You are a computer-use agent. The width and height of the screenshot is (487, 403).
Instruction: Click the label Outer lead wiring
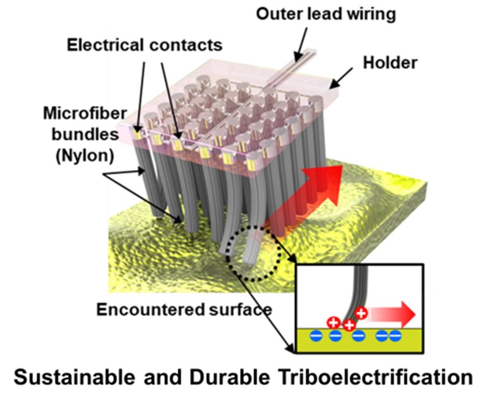click(x=325, y=13)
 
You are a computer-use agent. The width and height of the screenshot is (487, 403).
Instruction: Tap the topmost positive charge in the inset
click(x=361, y=313)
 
